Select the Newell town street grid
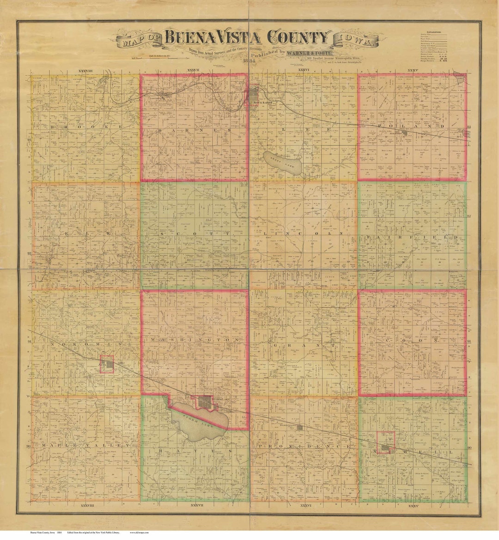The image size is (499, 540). (x=385, y=446)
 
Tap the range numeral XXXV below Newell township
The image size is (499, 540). (x=413, y=507)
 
